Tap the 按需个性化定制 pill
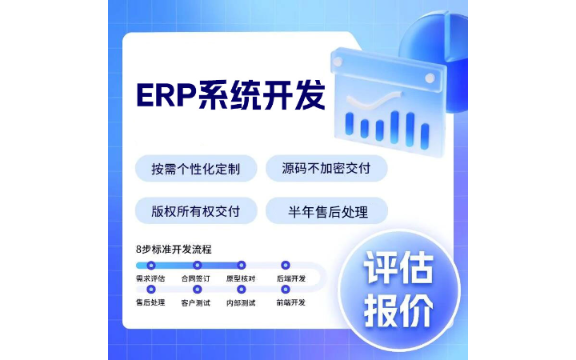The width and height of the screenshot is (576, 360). (196, 169)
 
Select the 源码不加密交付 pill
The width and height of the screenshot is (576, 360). (326, 169)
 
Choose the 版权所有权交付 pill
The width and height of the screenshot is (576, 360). (196, 211)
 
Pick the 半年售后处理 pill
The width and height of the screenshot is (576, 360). (327, 211)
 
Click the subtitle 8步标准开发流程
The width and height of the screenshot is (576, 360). (174, 249)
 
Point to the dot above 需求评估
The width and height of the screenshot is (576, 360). (151, 265)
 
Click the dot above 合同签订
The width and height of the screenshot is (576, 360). (197, 265)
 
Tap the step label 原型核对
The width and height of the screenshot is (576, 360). (241, 278)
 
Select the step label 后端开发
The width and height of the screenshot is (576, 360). (291, 278)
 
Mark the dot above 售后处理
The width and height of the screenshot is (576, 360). (151, 289)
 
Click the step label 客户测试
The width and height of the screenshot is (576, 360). (195, 302)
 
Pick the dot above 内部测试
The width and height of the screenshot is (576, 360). (241, 289)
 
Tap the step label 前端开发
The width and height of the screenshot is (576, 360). (291, 302)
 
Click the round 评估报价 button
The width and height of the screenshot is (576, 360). (399, 289)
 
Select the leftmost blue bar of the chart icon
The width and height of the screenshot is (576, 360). (349, 122)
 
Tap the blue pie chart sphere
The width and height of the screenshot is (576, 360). (438, 56)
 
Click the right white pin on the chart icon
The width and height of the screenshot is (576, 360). (430, 78)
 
